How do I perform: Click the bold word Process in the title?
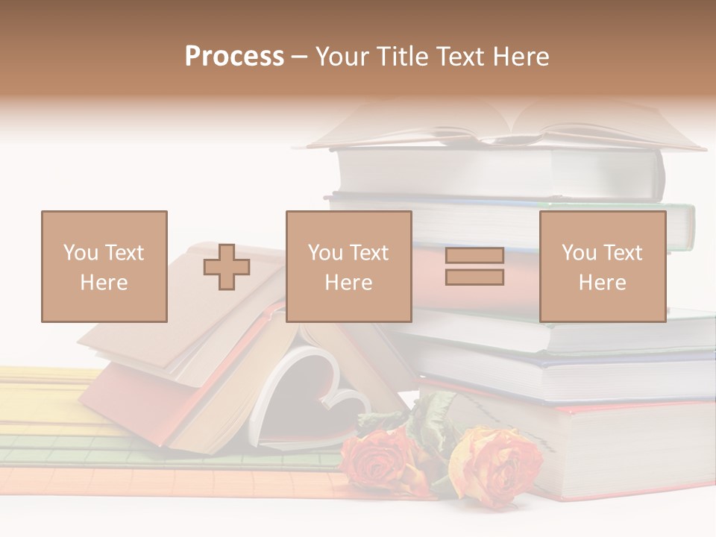coord(234,57)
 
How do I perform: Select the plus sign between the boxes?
coord(227,267)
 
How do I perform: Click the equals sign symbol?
coord(474,266)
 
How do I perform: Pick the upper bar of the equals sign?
coord(474,256)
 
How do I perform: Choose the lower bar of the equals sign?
coord(474,277)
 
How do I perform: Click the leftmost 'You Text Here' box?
coord(104,266)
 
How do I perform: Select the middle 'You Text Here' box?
coord(348,266)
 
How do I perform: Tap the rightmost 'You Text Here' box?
coord(602,266)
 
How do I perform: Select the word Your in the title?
coord(342,57)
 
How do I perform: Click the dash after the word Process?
coord(299,57)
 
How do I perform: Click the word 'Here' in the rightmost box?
coord(602,283)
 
